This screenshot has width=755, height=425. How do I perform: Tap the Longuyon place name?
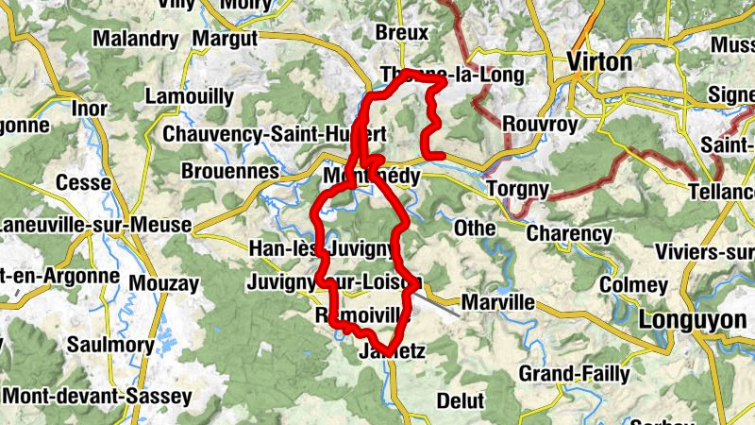(693, 320)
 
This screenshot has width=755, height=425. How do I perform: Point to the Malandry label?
(135, 40)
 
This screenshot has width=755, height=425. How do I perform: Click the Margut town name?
(224, 40)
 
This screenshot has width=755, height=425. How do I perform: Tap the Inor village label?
(90, 110)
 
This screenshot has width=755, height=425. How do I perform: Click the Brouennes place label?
(230, 172)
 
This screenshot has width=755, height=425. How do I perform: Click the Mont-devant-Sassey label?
(83, 396)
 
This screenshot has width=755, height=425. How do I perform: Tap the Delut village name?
(461, 401)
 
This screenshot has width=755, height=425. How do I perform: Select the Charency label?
(569, 233)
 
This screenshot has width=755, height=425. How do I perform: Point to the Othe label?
(475, 229)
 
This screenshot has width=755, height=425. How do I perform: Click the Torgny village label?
(517, 190)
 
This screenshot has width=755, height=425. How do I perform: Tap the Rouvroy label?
(535, 124)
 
